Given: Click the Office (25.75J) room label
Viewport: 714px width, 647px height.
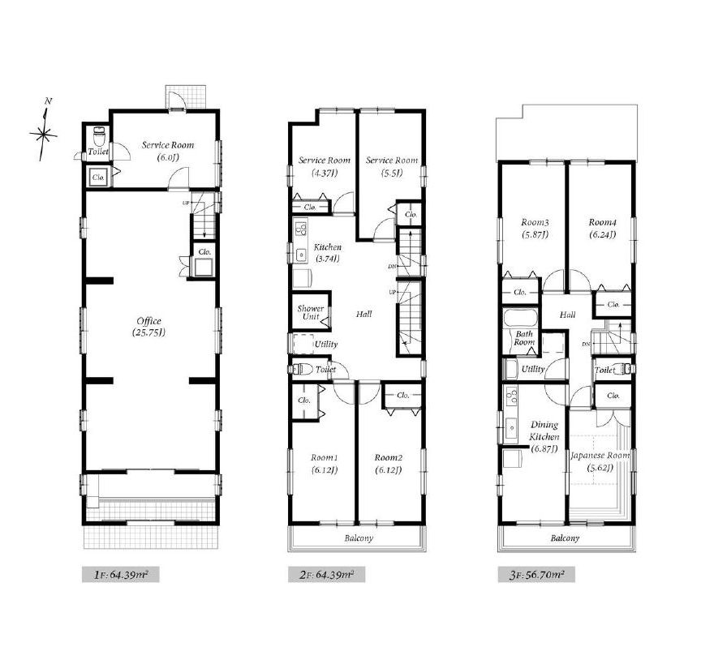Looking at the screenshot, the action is pos(149,327).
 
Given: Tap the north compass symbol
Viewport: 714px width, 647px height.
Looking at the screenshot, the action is pos(44,131).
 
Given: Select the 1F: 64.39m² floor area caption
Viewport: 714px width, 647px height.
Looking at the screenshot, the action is pos(121,575).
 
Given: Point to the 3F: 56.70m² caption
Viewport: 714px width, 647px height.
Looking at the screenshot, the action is pos(536,575).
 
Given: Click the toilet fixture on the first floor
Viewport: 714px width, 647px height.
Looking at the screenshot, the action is pos(98,135).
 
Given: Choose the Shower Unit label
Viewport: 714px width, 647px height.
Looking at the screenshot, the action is pos(311,312).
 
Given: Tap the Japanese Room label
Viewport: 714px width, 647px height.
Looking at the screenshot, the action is pos(600,456).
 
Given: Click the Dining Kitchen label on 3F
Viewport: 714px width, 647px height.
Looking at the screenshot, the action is pos(544,431).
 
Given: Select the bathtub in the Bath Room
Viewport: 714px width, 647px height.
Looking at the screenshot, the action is pos(520,318).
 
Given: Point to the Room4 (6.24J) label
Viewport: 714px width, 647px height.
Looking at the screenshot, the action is pos(602,229).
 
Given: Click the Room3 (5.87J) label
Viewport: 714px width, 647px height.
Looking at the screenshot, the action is pos(535,229).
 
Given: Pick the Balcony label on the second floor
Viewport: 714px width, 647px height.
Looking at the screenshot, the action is pos(359,538).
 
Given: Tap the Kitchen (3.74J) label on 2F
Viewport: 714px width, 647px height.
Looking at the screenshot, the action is pos(328,252).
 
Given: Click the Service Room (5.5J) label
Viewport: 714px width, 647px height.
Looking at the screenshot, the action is pos(392,166).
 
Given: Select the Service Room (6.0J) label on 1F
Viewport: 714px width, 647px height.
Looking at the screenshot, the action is pos(168,151).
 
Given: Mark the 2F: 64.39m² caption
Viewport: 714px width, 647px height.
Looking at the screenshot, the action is pos(326,575).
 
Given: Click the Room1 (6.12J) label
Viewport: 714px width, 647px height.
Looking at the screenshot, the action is pos(325,464).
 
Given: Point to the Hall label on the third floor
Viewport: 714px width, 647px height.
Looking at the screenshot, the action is pos(567,315).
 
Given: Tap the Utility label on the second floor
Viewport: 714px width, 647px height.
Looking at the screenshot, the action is pos(326,345).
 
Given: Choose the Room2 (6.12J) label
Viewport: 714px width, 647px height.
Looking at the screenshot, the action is pos(389,464).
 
